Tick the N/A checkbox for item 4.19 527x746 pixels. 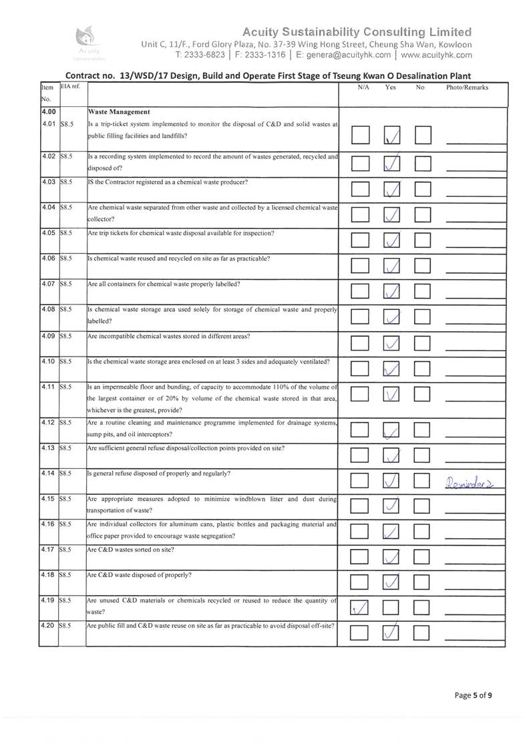click(360, 606)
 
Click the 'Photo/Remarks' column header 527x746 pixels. click(467, 87)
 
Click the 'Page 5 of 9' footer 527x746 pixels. click(474, 695)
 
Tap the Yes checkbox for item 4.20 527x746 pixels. click(393, 632)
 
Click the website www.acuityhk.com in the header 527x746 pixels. click(437, 55)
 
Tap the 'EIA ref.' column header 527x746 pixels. click(71, 87)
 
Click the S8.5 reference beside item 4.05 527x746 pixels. click(66, 233)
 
